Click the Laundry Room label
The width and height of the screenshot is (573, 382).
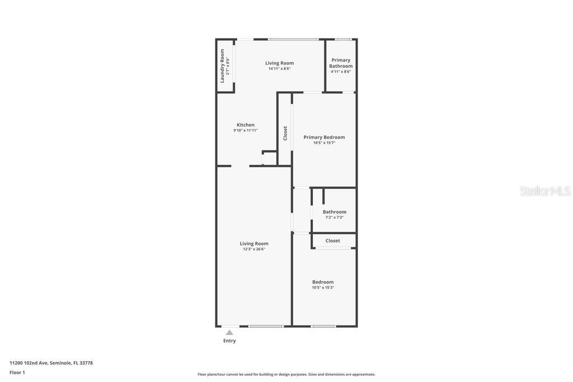tap(222, 65)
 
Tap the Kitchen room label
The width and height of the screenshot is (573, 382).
tap(246, 125)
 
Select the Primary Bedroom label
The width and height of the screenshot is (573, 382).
tap(324, 137)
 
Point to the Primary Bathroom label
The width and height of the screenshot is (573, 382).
tap(341, 63)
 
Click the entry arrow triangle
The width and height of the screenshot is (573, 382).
tap(229, 332)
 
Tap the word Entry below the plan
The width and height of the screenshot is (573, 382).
tap(229, 341)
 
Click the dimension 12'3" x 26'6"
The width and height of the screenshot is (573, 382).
tap(254, 249)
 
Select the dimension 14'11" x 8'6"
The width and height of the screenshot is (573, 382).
tap(279, 69)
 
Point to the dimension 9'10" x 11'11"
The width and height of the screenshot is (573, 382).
tap(246, 130)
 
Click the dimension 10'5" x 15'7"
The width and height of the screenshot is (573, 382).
tap(324, 143)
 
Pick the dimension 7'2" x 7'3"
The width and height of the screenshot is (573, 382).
tap(335, 218)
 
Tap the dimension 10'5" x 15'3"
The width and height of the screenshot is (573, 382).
tap(323, 287)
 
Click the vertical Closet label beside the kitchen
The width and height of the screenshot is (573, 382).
tap(285, 133)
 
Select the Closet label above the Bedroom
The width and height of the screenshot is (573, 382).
tap(333, 240)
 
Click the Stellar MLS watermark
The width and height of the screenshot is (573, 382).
tap(545, 191)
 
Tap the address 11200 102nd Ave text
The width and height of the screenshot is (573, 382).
tap(51, 363)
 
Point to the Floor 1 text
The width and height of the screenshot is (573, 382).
tap(17, 372)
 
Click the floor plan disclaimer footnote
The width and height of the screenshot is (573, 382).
tap(286, 374)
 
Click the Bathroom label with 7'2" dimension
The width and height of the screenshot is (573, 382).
tap(335, 211)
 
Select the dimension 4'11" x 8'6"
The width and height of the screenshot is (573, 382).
tap(341, 72)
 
